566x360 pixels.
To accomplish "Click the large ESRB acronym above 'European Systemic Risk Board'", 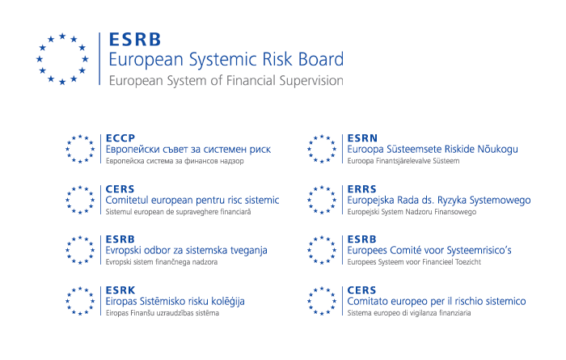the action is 135,40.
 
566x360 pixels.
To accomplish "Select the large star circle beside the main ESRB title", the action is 62,59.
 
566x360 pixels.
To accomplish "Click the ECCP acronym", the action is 120,138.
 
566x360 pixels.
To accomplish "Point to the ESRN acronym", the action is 362,138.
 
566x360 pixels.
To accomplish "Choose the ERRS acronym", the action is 362,188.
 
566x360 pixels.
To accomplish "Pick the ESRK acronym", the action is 120,290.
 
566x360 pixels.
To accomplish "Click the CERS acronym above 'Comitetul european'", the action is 120,188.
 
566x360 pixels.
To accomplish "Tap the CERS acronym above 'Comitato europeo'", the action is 361,290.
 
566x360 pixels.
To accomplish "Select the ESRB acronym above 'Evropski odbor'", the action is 120,239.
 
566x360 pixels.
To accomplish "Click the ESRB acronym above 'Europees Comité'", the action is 362,239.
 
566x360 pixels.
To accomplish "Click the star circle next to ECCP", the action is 80,149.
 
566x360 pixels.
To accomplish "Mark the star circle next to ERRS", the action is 322,200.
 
